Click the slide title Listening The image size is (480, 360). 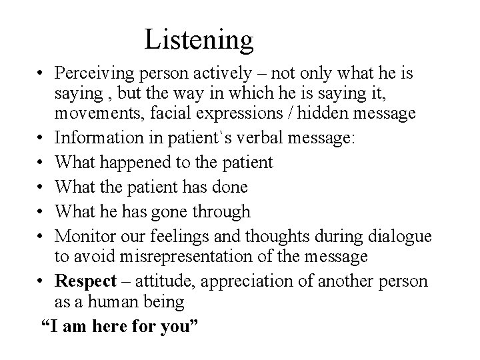199,39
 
